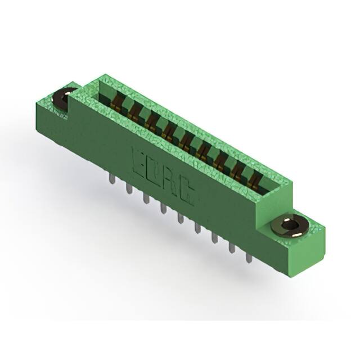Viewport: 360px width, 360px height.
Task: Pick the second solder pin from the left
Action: [129, 188]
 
